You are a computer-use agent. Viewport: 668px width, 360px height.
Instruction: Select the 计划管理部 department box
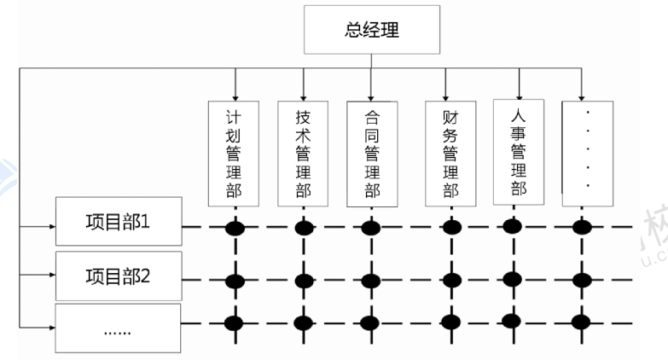pos(234,154)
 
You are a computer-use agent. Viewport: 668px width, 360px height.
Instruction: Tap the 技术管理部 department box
pos(303,154)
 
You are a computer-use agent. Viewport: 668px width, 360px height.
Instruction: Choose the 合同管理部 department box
pos(371,154)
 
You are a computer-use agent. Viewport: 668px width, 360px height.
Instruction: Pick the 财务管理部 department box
pos(450,154)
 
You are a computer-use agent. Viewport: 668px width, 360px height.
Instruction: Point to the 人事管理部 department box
pos(518,151)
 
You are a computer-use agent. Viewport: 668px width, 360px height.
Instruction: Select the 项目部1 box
pos(119,223)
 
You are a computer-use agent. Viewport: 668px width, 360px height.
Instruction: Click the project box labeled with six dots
pos(119,328)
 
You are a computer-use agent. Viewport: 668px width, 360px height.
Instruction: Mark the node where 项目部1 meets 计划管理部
pos(234,228)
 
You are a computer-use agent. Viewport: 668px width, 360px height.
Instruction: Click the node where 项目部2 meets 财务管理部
pos(450,280)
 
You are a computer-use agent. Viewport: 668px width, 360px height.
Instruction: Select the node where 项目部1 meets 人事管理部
pos(513,225)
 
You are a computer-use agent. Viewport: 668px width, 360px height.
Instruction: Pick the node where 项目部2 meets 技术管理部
pos(303,280)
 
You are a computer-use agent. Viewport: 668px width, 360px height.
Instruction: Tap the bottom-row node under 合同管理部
pos(371,322)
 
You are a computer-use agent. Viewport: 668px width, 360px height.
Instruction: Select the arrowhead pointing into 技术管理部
pos(303,96)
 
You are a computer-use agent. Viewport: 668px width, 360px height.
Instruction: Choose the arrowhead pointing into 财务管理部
pos(445,96)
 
